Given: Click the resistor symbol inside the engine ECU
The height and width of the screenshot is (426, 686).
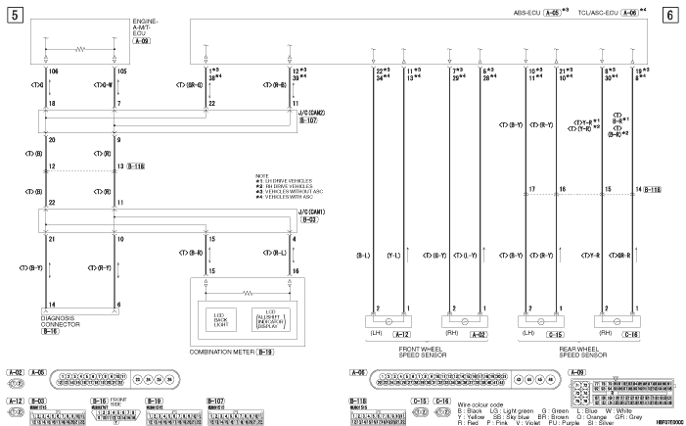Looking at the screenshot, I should pos(81,48).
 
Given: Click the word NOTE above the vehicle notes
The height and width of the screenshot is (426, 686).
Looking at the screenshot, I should pos(260,175).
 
